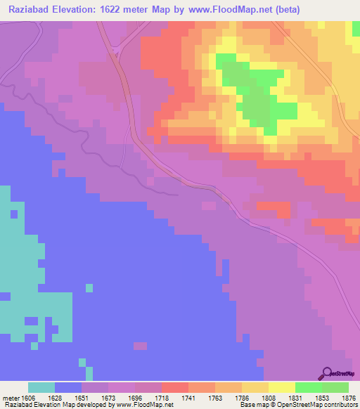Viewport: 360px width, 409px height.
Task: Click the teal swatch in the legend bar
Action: tap(41, 387)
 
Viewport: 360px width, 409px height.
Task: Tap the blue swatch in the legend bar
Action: tap(68, 387)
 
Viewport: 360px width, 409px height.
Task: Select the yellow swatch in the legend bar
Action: tap(281, 387)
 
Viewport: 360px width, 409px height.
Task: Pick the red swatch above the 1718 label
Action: tap(174, 387)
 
